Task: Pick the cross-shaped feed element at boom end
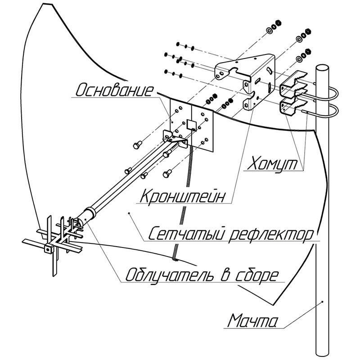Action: (56, 241)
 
